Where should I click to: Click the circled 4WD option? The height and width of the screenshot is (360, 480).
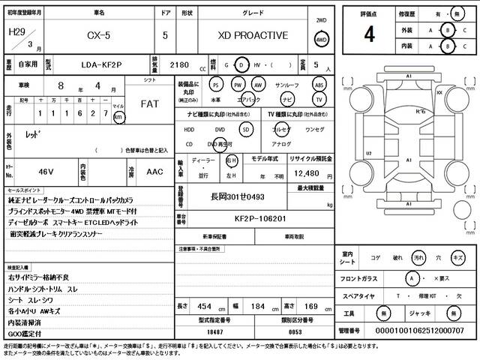(322, 40)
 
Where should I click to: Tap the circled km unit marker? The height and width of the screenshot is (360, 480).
(118, 117)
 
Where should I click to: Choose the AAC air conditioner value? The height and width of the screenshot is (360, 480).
(154, 172)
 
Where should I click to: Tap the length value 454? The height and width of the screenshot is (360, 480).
(204, 307)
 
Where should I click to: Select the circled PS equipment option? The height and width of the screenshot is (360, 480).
(216, 85)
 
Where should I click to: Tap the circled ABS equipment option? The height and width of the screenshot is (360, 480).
(319, 85)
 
